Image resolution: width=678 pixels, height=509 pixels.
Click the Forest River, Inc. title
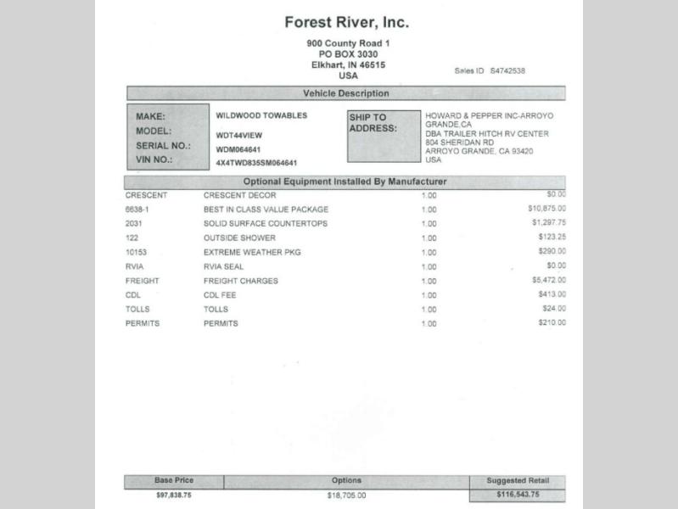pyautogui.click(x=346, y=22)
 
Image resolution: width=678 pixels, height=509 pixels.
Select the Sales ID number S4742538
pyautogui.click(x=507, y=70)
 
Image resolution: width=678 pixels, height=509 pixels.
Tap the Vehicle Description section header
pyautogui.click(x=345, y=93)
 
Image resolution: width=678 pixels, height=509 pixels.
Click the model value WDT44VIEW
pyautogui.click(x=238, y=134)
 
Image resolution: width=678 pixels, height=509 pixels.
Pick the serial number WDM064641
pyautogui.click(x=238, y=148)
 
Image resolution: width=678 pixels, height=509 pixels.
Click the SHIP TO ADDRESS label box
pyautogui.click(x=383, y=136)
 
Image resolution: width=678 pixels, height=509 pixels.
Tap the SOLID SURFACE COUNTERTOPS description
pyautogui.click(x=265, y=223)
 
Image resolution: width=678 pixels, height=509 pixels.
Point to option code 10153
pyautogui.click(x=137, y=252)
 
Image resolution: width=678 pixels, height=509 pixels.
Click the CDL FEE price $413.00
pyautogui.click(x=552, y=294)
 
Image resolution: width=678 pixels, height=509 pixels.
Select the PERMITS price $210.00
pyautogui.click(x=552, y=323)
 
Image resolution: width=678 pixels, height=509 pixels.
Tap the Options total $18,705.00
pyautogui.click(x=346, y=495)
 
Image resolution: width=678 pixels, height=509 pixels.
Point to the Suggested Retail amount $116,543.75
pyautogui.click(x=518, y=495)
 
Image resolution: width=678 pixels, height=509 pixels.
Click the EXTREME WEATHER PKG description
pyautogui.click(x=252, y=252)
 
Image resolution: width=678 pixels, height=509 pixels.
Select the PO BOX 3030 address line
pyautogui.click(x=348, y=54)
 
